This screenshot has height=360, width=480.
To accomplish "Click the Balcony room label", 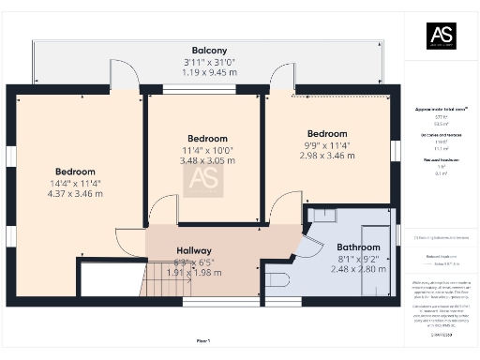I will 210,51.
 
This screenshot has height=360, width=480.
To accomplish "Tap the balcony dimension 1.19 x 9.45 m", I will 210,71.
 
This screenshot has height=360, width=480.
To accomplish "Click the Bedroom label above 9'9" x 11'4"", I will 327,134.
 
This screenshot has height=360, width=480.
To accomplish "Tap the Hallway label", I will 199,251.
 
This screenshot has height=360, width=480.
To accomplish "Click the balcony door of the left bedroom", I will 127,77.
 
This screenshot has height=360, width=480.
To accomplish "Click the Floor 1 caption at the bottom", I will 203,340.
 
